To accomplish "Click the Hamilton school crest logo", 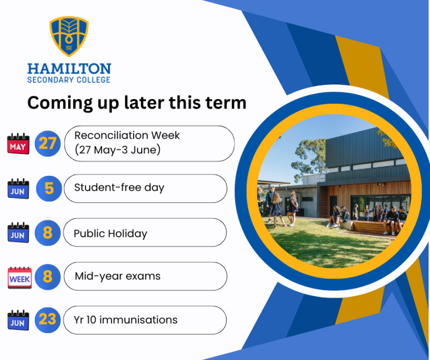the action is [x=69, y=36].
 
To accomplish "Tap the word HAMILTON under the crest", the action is [x=69, y=69].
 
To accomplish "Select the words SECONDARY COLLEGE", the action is [x=69, y=80].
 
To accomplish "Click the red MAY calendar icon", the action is [x=18, y=144].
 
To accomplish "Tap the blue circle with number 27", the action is [x=48, y=143].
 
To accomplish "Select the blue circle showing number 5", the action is [x=49, y=189].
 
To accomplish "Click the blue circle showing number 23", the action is [x=48, y=320].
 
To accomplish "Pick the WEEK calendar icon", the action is [x=20, y=278].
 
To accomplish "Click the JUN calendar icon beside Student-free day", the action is [x=18, y=189].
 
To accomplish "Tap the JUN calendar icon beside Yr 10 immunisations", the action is [x=18, y=320].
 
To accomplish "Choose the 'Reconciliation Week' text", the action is [x=127, y=136].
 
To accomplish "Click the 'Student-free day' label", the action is [x=119, y=188].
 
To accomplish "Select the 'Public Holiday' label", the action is [x=110, y=234].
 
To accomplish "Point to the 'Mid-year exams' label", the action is [x=117, y=276].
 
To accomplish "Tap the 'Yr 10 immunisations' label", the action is [x=125, y=320].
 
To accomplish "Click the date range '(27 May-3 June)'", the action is [x=117, y=150].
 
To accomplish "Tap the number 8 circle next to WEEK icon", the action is [x=48, y=277].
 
